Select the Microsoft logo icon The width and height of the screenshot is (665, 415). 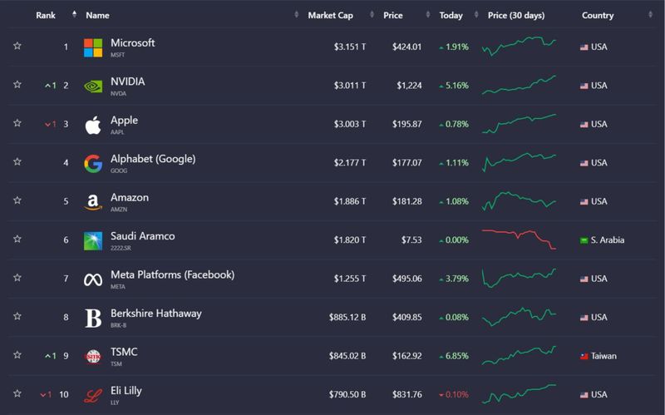(93, 47)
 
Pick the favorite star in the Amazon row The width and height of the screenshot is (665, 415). (17, 201)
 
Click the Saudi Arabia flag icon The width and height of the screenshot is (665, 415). (584, 240)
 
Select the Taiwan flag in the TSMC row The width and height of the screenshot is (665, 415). (584, 356)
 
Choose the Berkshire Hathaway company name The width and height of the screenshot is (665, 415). (156, 314)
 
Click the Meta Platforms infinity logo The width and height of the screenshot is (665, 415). (93, 279)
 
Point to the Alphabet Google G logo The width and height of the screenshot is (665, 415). (93, 163)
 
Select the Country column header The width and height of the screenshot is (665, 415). (598, 16)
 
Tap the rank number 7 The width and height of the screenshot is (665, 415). (66, 279)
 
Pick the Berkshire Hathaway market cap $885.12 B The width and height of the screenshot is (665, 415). (343, 317)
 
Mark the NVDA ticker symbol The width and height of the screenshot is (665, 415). (118, 94)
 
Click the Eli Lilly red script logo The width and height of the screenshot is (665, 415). (93, 394)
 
